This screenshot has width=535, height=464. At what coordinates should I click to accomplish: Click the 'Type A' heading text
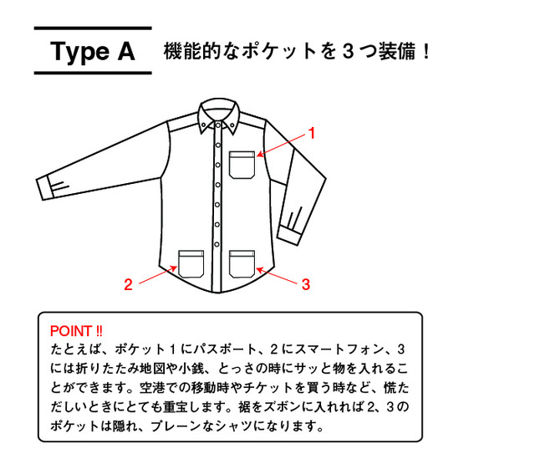pyautogui.click(x=93, y=52)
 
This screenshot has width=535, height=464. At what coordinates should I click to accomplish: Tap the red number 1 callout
pyautogui.click(x=311, y=134)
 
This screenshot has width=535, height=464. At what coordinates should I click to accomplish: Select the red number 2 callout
pyautogui.click(x=128, y=284)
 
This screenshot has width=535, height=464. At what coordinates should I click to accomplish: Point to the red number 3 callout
pyautogui.click(x=306, y=284)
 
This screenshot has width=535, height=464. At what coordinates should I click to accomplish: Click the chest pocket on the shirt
pyautogui.click(x=242, y=165)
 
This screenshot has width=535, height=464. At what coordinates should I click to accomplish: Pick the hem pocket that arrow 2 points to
pyautogui.click(x=191, y=263)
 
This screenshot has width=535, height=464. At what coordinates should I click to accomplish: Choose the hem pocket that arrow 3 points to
pyautogui.click(x=242, y=263)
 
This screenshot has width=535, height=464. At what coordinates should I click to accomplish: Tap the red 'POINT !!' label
pyautogui.click(x=76, y=331)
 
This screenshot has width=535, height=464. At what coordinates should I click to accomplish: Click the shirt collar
pyautogui.click(x=219, y=115)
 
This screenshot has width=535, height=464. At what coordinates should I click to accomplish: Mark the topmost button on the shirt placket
pyautogui.click(x=217, y=125)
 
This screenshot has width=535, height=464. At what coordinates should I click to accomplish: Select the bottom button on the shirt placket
pyautogui.click(x=217, y=244)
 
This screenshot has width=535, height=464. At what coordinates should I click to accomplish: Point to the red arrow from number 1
pyautogui.click(x=281, y=145)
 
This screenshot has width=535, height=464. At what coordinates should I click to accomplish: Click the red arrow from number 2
pyautogui.click(x=158, y=275)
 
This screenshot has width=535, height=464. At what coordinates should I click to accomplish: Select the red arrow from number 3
pyautogui.click(x=277, y=276)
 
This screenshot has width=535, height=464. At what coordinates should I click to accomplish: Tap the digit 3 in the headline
pyautogui.click(x=348, y=52)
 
